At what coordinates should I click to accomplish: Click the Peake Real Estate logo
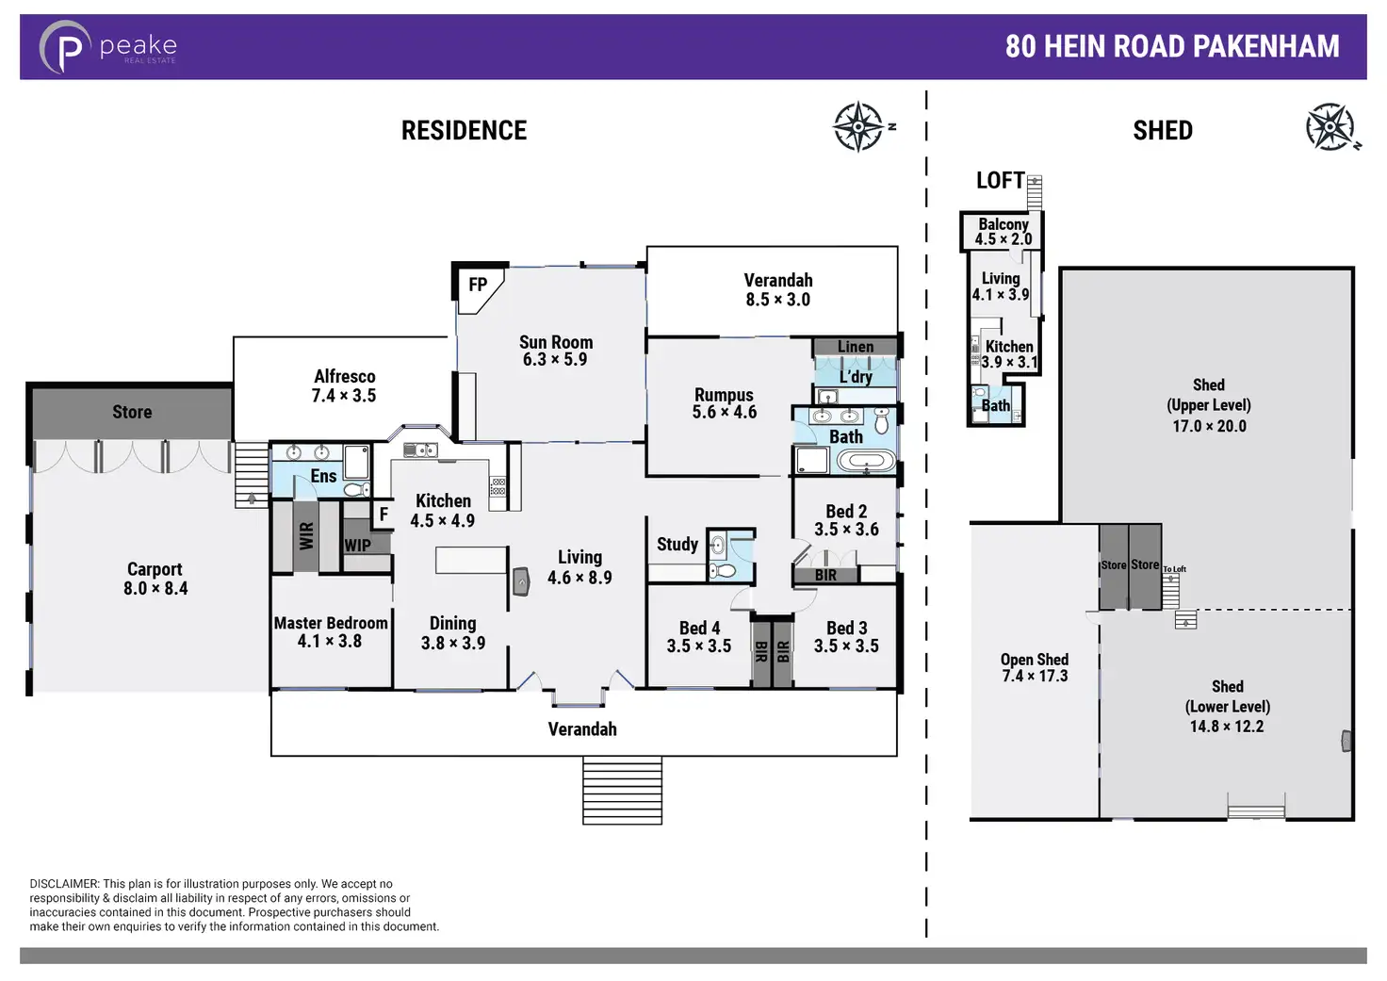click(107, 47)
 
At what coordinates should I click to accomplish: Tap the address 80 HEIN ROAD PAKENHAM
click(1171, 46)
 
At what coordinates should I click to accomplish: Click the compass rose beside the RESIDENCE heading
click(858, 126)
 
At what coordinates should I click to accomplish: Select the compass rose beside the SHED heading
click(1330, 127)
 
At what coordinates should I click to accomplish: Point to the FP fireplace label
click(478, 285)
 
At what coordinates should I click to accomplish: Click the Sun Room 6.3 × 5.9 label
click(556, 351)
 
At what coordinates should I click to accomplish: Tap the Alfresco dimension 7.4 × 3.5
click(344, 396)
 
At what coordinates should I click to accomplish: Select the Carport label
click(155, 569)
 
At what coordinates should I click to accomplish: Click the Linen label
click(856, 347)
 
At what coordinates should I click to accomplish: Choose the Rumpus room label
click(724, 395)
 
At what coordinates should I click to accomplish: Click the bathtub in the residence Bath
click(867, 462)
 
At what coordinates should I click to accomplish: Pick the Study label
click(677, 544)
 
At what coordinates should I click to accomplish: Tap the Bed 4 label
click(699, 628)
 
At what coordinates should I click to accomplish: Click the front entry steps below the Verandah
click(622, 791)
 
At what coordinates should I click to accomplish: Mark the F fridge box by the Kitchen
click(383, 515)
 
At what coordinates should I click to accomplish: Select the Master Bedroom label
click(331, 623)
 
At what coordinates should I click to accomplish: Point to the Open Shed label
click(1035, 660)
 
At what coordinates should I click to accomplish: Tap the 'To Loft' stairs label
click(1174, 569)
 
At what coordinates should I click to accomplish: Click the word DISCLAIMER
click(64, 884)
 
